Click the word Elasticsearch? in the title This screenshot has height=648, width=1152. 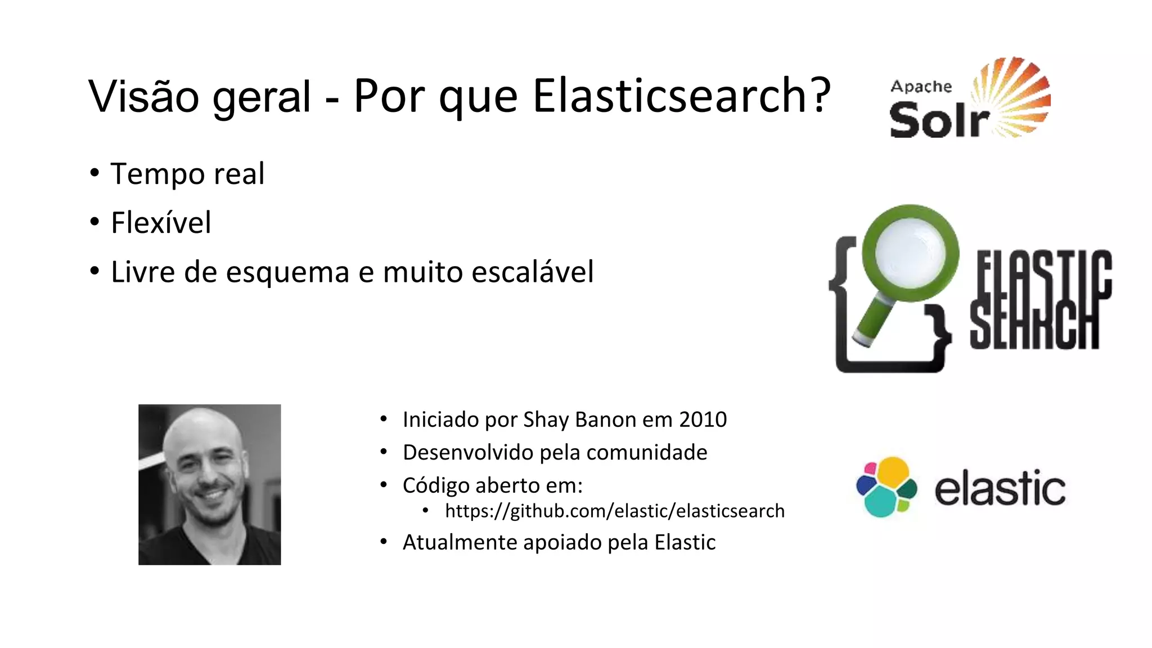point(681,96)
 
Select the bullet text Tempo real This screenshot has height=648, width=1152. point(187,174)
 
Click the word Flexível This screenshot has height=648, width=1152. point(161,223)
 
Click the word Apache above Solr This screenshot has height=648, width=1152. point(921,87)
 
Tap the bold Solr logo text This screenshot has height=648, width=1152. point(938,120)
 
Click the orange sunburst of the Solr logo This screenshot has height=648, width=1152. point(1015,96)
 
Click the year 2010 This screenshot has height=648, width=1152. point(703,420)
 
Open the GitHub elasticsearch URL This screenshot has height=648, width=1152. point(614,511)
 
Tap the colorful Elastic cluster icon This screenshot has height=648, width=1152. point(886,487)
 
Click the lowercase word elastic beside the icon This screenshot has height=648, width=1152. point(1000,488)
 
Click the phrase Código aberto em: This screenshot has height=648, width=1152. point(492,485)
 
